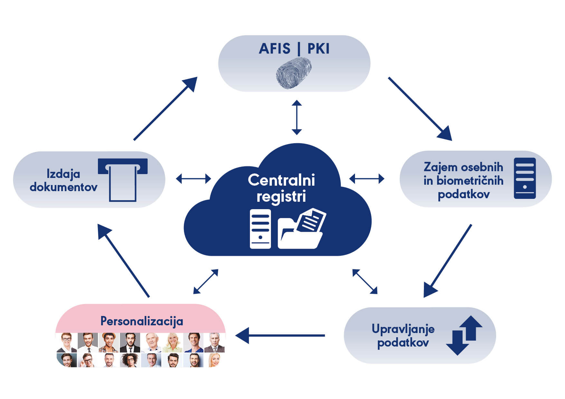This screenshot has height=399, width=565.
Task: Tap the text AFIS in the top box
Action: click(x=275, y=49)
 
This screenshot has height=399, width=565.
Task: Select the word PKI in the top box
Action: click(x=319, y=49)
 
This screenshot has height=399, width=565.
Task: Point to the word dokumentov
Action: click(x=63, y=187)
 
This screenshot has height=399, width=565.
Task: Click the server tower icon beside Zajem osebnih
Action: click(x=525, y=178)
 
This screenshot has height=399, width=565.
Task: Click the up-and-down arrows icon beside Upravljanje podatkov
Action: click(x=464, y=335)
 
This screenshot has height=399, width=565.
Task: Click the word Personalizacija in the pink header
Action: click(x=142, y=321)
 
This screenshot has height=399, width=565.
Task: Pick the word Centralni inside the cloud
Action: click(x=281, y=180)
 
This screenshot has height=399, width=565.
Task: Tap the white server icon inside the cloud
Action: click(x=260, y=229)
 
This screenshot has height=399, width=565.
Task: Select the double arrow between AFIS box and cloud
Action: click(x=297, y=117)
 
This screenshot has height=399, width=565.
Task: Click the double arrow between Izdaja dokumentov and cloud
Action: click(x=194, y=178)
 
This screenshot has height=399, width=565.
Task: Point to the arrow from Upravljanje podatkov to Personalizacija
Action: click(x=280, y=336)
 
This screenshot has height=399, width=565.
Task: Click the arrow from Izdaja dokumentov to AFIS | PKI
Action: click(x=166, y=108)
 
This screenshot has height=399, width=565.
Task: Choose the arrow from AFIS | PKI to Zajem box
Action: click(x=420, y=109)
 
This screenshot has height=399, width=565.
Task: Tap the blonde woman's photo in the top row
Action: click(x=172, y=342)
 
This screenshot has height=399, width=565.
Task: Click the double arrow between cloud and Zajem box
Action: click(x=367, y=178)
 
